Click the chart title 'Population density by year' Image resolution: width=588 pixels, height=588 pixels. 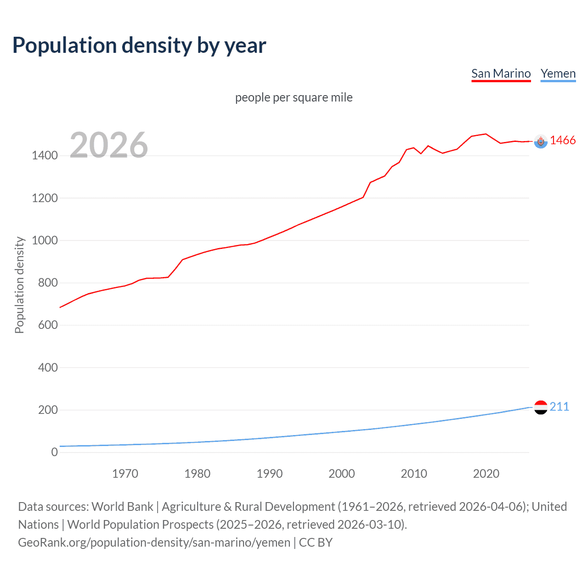coord(139,45)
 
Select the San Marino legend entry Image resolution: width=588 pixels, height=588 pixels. coord(501,73)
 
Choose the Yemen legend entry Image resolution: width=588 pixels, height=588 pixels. coord(558,73)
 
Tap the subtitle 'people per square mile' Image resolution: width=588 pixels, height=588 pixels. coord(294,97)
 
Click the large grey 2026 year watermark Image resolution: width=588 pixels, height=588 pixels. coord(109,145)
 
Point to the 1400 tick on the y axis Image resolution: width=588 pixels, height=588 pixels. coord(45,156)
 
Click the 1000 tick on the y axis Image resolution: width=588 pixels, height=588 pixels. coord(45,240)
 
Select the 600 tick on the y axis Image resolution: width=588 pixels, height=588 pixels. coord(48,325)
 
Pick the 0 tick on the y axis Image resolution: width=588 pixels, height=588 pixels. coord(54,452)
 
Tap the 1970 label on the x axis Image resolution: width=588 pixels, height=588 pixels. coord(125,474)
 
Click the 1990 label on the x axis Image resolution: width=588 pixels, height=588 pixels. coord(270,474)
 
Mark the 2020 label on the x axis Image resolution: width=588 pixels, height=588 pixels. coord(486,474)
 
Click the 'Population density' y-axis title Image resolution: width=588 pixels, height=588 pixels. coord(19,285)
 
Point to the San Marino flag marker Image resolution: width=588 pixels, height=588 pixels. coord(541,141)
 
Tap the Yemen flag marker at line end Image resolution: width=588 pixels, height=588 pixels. coord(541,407)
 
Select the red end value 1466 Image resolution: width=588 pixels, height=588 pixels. coord(562,141)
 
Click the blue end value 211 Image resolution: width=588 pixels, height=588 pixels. coord(559,407)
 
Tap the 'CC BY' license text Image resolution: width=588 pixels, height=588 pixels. coord(316,542)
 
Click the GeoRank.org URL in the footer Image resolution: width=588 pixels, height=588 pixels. coord(154,542)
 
